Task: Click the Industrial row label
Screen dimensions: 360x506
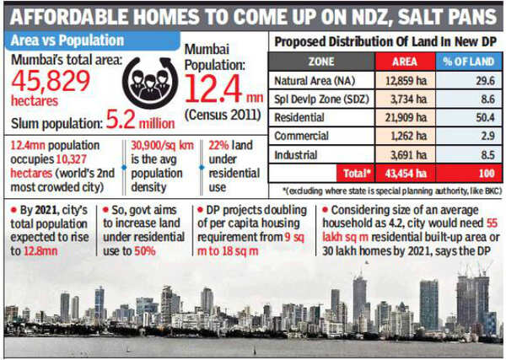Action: click(298, 154)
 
